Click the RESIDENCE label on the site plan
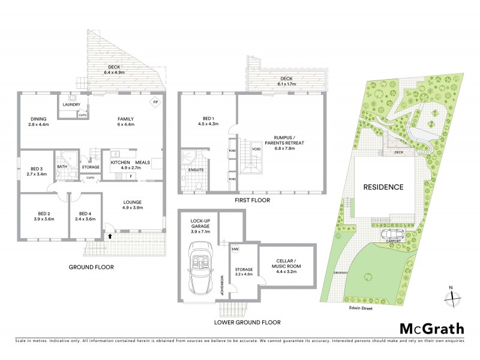click(383, 187)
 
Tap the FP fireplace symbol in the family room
click(155, 101)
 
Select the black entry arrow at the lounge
click(109, 236)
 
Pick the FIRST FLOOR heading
click(253, 200)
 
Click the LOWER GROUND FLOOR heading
click(248, 322)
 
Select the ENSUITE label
click(196, 170)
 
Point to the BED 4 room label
click(82, 213)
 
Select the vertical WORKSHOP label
click(222, 284)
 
